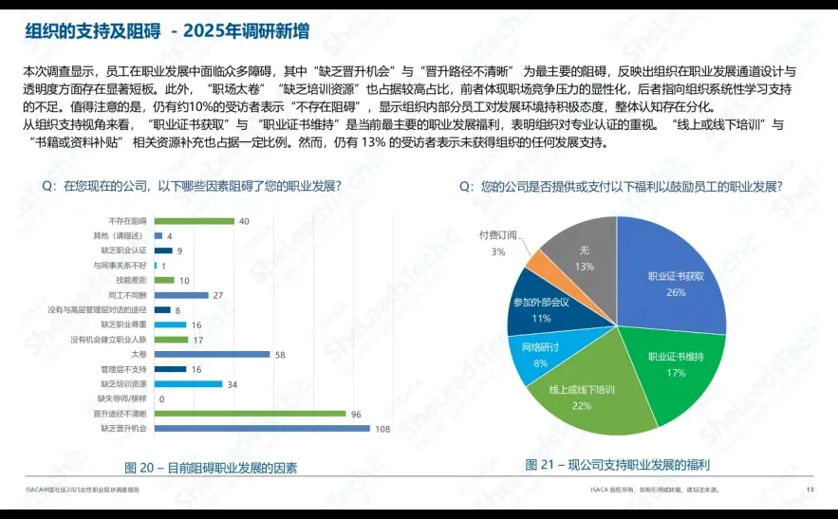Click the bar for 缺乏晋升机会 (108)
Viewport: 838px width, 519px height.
(x=262, y=428)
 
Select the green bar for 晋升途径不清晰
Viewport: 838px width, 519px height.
(x=250, y=414)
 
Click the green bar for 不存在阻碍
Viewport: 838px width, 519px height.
(x=194, y=221)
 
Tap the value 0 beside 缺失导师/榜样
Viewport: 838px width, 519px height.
(x=161, y=399)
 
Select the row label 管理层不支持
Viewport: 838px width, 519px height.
(x=124, y=369)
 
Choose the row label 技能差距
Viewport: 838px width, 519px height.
(x=132, y=281)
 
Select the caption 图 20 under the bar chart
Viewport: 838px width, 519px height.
(x=211, y=468)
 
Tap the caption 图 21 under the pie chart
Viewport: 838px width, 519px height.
(x=618, y=465)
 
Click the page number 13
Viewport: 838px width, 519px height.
(x=810, y=490)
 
